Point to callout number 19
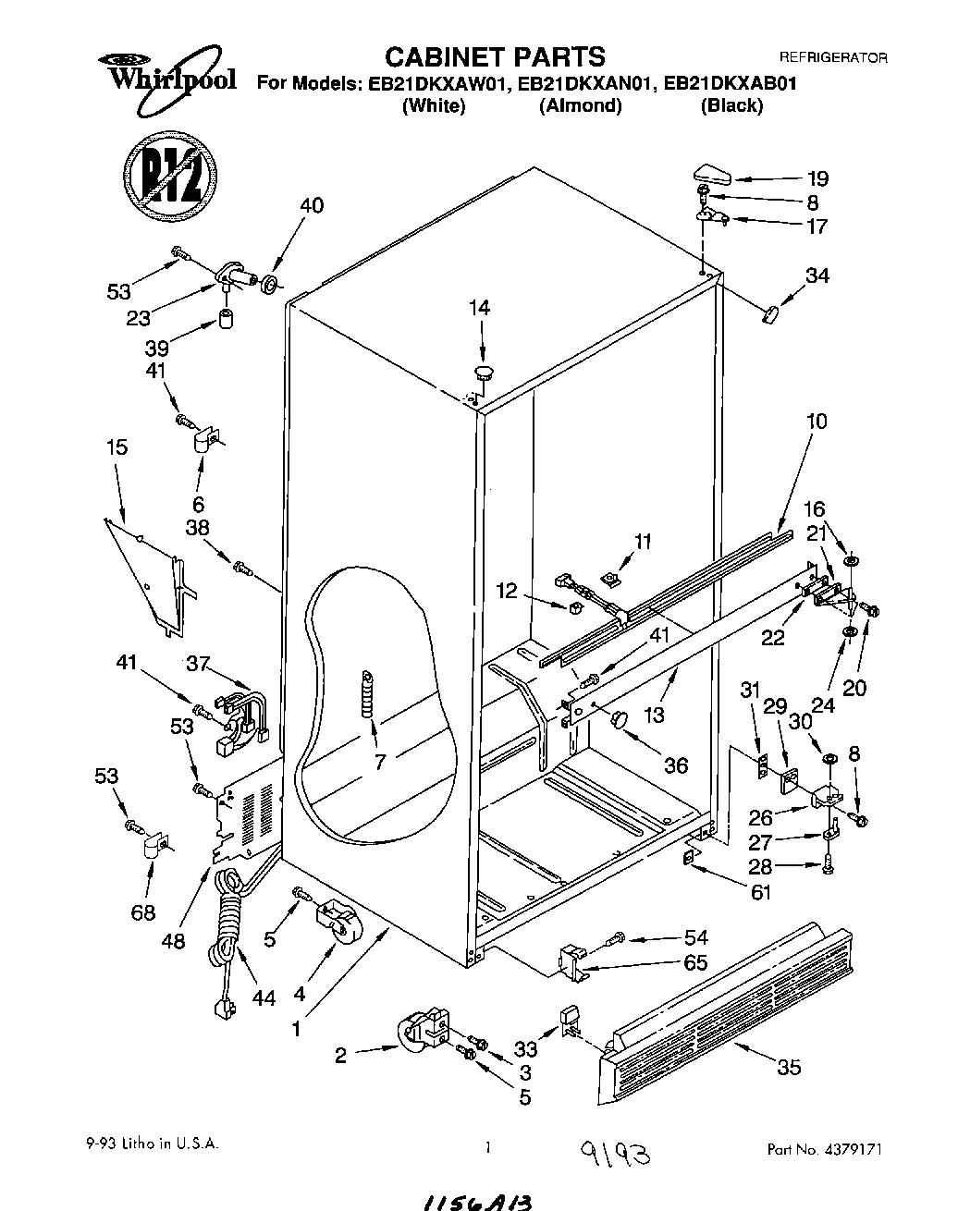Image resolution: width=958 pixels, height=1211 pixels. click(817, 178)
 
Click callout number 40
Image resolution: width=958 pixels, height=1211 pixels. click(312, 205)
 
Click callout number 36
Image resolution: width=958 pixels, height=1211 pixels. click(676, 765)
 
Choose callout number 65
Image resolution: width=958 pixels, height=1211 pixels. click(695, 962)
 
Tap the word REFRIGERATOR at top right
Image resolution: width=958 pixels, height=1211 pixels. click(833, 57)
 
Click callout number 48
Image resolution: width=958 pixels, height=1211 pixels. click(173, 941)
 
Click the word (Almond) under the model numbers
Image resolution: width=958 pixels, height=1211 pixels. click(580, 105)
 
